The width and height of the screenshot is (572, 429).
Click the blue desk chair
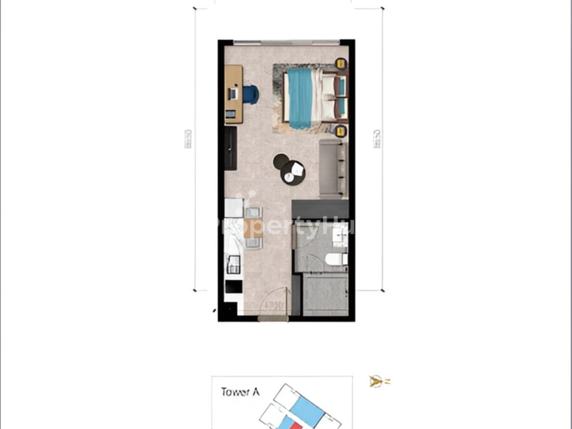251,94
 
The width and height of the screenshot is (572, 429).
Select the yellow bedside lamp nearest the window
341,63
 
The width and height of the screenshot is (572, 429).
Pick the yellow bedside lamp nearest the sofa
341,131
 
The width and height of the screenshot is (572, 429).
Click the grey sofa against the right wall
334,169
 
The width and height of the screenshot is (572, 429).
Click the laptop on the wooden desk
234,93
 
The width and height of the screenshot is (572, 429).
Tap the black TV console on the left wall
231,148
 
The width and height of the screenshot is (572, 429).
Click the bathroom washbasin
338,237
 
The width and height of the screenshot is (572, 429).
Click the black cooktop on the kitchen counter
233,287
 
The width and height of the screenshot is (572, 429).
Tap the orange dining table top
253,227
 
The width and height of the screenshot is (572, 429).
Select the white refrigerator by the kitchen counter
234,209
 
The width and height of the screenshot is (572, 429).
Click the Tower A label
240,392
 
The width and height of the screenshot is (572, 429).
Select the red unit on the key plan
288,424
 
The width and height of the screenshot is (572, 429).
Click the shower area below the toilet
325,293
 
